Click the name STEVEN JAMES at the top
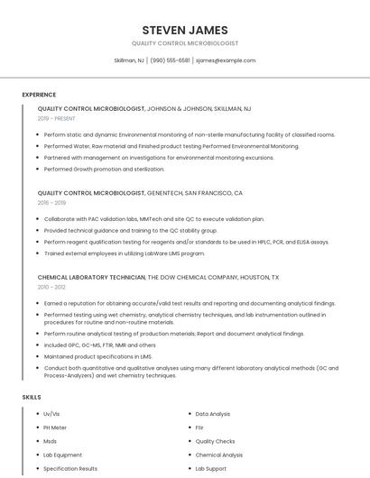pos(185,30)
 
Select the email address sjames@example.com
pos(226,60)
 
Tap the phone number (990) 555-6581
pos(170,60)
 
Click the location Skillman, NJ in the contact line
pos(129,60)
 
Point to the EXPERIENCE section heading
pos(39,95)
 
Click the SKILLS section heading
pos(32,397)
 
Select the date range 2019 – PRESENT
pos(56,118)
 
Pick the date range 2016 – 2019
pos(51,203)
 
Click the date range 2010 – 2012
pos(51,287)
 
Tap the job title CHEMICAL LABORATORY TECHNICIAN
pos(91,278)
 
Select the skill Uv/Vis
pos(51,414)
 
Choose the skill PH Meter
pos(55,427)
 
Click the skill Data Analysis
pos(213,414)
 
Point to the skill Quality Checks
pos(215,441)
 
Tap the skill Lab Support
pos(211,468)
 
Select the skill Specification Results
pos(70,468)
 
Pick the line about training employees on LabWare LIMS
pos(125,253)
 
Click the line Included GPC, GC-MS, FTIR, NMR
pos(99,345)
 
